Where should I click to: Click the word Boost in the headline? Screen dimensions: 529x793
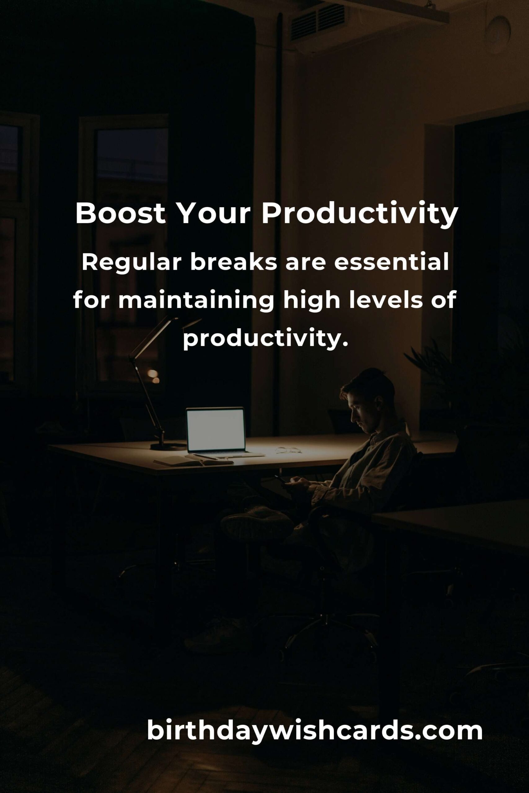[x=121, y=213]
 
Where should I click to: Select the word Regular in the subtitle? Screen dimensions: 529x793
[x=132, y=264]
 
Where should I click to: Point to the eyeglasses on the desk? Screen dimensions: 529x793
[x=289, y=450]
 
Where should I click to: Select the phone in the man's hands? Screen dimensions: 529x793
[x=281, y=480]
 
